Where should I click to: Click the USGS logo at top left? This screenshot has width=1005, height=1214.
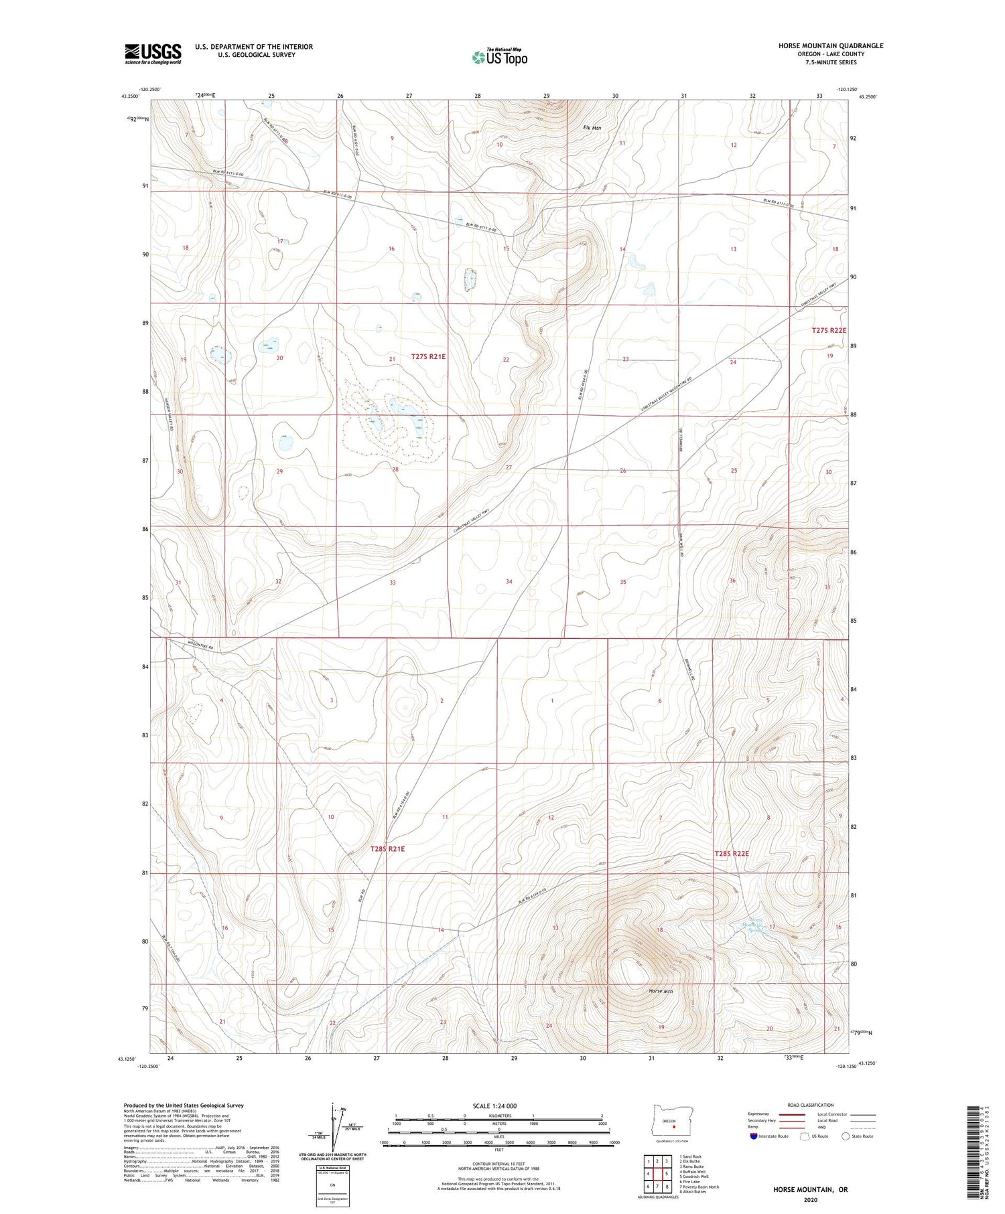(153, 54)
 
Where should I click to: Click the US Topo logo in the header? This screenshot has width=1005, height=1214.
(499, 57)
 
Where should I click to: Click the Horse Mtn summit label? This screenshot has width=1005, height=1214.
(661, 990)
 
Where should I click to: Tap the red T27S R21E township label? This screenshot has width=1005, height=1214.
(428, 357)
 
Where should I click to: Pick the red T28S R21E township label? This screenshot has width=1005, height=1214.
(387, 848)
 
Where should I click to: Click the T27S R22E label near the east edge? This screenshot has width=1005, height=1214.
(829, 330)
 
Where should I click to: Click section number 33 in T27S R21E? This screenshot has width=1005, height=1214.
(393, 583)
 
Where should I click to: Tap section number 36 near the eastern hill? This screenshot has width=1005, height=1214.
(732, 581)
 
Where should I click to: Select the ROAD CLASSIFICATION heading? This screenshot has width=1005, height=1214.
(811, 1105)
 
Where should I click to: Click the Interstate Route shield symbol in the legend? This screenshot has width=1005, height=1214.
(754, 1136)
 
